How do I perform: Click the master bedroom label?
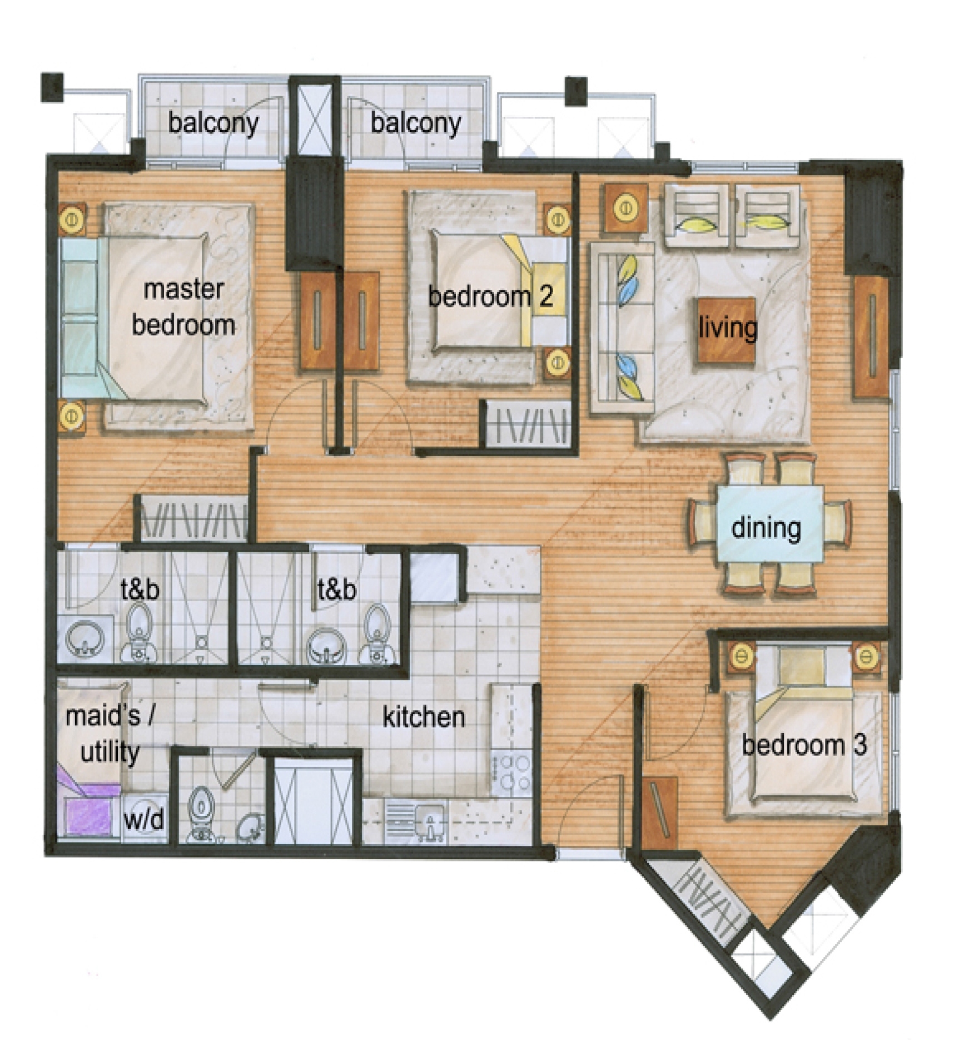(183, 307)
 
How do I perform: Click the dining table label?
(766, 528)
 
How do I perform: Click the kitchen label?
(424, 717)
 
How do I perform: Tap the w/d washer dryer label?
(144, 819)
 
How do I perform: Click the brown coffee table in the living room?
(727, 330)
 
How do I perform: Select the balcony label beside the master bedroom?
(213, 123)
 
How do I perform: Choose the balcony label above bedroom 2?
(416, 123)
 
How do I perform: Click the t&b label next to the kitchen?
(337, 588)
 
